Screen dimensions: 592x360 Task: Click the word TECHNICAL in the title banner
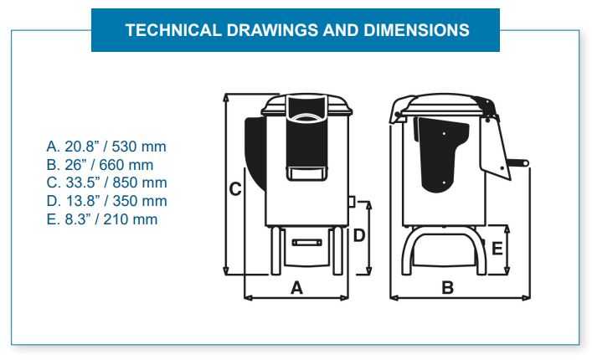(173, 30)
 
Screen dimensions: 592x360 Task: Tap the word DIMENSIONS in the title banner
(416, 30)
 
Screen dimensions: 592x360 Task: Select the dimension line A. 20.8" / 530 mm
(106, 147)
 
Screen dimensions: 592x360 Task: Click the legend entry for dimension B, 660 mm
(100, 165)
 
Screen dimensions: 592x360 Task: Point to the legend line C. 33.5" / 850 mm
(106, 183)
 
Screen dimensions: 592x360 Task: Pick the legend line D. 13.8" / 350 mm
(106, 201)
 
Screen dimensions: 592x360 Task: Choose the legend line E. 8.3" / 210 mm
(102, 219)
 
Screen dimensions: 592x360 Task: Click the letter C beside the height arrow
(235, 189)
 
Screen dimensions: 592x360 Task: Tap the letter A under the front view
(296, 288)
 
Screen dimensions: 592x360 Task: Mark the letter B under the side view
(447, 288)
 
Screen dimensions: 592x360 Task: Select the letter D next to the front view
(359, 235)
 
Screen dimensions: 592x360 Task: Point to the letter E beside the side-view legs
(497, 249)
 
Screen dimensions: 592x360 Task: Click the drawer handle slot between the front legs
(307, 242)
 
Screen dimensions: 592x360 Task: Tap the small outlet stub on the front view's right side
(351, 202)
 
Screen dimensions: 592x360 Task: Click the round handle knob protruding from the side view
(525, 163)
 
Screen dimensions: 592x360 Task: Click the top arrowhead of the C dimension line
(226, 97)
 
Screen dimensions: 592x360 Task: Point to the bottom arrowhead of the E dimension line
(507, 270)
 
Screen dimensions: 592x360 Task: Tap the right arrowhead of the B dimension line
(526, 298)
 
